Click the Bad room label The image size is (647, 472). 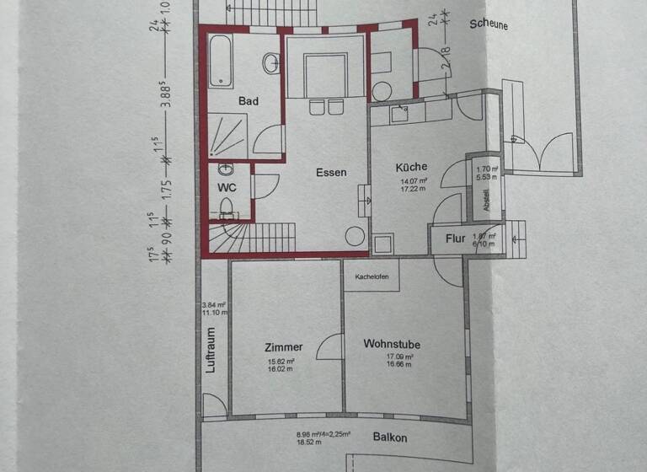[x=248, y=101]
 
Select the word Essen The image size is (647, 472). [x=331, y=173]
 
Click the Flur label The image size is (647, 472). [x=455, y=239]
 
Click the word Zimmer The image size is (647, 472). [x=283, y=346]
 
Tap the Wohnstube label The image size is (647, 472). [x=392, y=344]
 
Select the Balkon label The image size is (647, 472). [x=390, y=437]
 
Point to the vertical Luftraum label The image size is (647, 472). [x=211, y=349]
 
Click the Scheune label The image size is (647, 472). [x=488, y=25]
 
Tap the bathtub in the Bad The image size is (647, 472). [x=221, y=61]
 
